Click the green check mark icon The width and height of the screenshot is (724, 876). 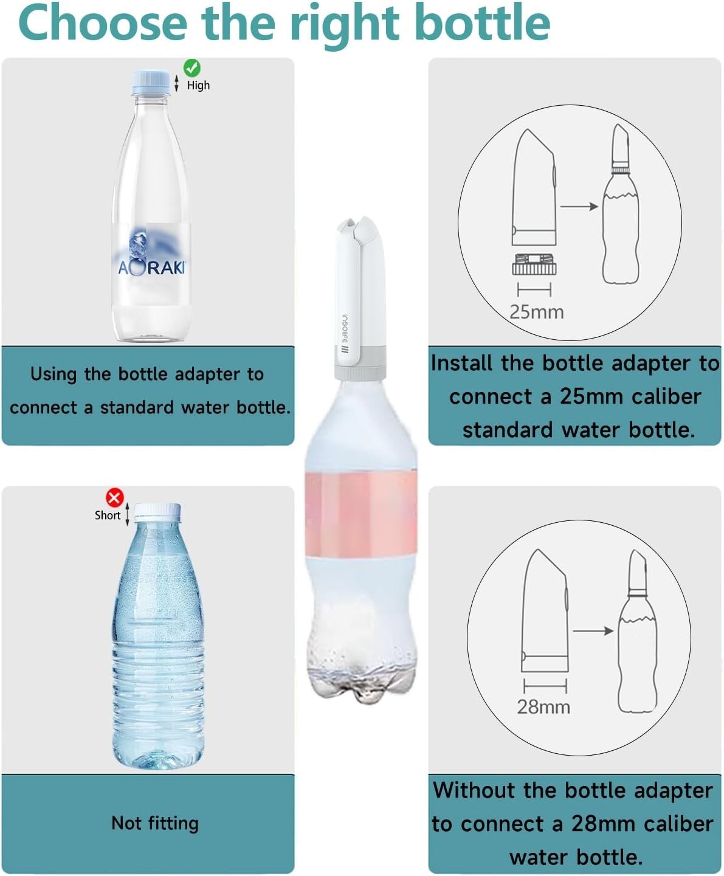(x=191, y=67)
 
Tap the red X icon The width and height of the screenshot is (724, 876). (x=114, y=497)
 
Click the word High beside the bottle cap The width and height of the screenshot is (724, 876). (x=198, y=85)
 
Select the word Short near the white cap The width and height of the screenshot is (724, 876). (x=108, y=515)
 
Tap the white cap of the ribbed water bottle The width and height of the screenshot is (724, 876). (x=157, y=512)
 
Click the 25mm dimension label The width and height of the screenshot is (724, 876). (x=537, y=312)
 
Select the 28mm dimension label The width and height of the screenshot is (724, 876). (x=543, y=708)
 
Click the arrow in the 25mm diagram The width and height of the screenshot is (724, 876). (x=579, y=207)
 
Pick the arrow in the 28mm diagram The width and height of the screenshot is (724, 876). (x=593, y=631)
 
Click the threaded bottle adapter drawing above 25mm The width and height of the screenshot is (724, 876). (x=534, y=264)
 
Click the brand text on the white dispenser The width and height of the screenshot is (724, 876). (x=344, y=334)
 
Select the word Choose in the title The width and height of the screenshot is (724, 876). (x=103, y=23)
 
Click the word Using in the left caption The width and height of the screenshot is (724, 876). (x=53, y=374)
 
